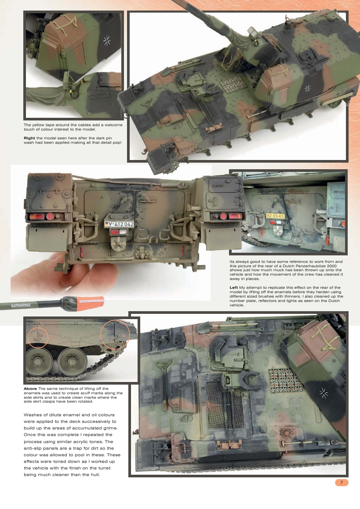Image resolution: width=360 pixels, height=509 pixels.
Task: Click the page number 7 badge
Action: click(x=342, y=483)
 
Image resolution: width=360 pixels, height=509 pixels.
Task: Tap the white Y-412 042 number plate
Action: click(x=119, y=224)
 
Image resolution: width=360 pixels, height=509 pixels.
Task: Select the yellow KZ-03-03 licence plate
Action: click(x=276, y=216)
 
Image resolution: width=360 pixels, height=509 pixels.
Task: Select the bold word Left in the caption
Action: click(x=234, y=287)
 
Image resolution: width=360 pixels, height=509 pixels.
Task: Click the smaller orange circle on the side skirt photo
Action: click(x=38, y=337)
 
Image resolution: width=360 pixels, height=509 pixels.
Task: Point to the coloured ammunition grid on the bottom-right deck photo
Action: click(x=286, y=381)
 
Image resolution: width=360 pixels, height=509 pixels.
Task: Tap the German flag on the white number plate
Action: click(x=106, y=224)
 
